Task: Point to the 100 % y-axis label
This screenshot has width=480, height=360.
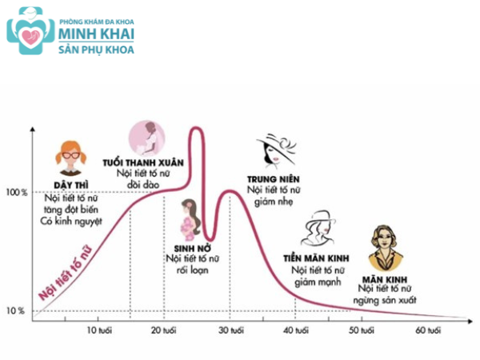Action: pyautogui.click(x=16, y=193)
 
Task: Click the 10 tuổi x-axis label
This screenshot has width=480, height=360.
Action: pyautogui.click(x=99, y=330)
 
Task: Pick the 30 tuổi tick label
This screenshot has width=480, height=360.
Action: pyautogui.click(x=230, y=330)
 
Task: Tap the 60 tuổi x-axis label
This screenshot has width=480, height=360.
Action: pyautogui.click(x=427, y=330)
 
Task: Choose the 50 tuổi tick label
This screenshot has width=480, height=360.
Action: pyautogui.click(x=362, y=330)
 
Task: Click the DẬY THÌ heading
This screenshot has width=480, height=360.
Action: pyautogui.click(x=70, y=185)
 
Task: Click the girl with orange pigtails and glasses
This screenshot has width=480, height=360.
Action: pyautogui.click(x=71, y=158)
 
